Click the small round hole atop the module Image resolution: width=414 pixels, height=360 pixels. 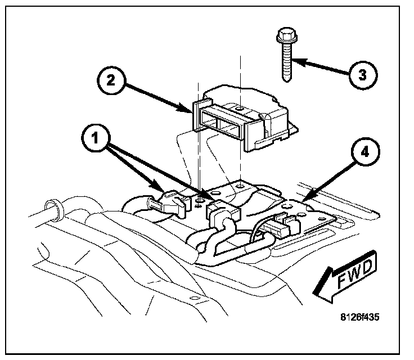[238, 107]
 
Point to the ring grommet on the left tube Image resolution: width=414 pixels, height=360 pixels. [55, 209]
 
